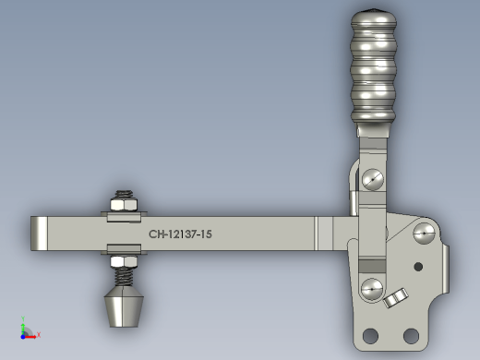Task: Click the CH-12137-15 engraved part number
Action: [180, 234]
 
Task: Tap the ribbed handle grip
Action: [373, 66]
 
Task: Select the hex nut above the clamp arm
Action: [124, 205]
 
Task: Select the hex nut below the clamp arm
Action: [124, 262]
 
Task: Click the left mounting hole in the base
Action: [370, 335]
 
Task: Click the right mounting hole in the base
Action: [411, 336]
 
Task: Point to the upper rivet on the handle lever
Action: [373, 179]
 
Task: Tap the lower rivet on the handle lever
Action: [372, 289]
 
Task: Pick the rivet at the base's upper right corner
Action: [424, 234]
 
